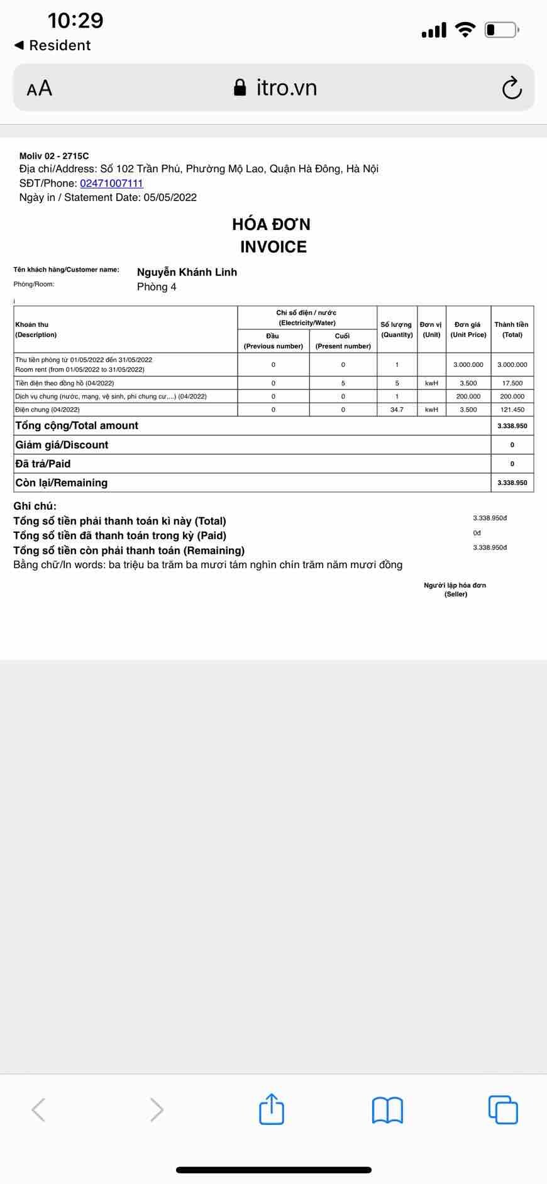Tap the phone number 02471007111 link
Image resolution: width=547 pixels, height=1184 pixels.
tap(111, 184)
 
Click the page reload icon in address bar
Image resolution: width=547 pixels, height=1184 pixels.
tap(512, 88)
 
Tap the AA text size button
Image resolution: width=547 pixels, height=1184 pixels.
tap(40, 88)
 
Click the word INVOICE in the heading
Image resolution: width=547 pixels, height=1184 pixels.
tap(273, 247)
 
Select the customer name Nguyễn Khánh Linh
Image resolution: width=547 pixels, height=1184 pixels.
tap(187, 272)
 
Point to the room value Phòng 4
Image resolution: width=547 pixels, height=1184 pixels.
tap(157, 287)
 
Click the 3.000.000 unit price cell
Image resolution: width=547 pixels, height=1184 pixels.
tap(468, 365)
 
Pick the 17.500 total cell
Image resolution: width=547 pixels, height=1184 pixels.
tap(512, 383)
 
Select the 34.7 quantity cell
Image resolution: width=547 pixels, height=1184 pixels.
tap(397, 410)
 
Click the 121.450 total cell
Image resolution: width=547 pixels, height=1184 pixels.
tap(512, 410)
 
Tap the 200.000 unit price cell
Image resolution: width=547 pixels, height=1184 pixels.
tap(468, 397)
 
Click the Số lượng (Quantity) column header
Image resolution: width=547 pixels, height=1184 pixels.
tap(396, 329)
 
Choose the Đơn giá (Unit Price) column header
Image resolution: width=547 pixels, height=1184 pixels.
tap(468, 329)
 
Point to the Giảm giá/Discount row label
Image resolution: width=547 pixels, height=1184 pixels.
tap(62, 445)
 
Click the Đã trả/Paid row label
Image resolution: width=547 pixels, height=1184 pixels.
tap(43, 464)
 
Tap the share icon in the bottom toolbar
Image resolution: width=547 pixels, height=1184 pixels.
tap(272, 1109)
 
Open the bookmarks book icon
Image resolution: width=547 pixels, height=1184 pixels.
tap(387, 1110)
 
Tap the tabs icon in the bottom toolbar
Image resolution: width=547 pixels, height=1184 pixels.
tap(503, 1109)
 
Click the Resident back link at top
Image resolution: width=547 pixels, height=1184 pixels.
tap(53, 45)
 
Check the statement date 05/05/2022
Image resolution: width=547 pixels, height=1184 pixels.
tap(170, 198)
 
